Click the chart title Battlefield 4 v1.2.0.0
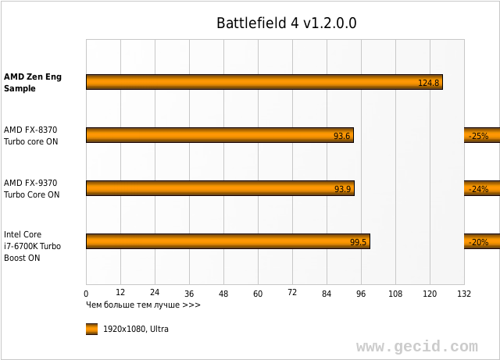(x=286, y=23)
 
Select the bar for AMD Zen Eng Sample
(x=264, y=82)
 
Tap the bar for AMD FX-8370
(x=220, y=135)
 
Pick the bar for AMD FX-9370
(x=220, y=188)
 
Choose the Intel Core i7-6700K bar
(x=228, y=241)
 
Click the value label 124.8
(x=429, y=83)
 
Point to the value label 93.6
(x=342, y=136)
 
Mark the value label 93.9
(x=343, y=189)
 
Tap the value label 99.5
(x=359, y=242)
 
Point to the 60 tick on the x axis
(x=258, y=294)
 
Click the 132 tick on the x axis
(x=464, y=294)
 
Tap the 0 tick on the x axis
(x=86, y=294)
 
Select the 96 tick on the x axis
(x=361, y=294)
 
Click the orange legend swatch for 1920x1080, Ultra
(x=91, y=329)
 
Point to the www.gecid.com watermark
(x=416, y=346)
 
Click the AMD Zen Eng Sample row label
(x=32, y=83)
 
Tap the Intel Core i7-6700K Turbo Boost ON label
(x=32, y=246)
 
